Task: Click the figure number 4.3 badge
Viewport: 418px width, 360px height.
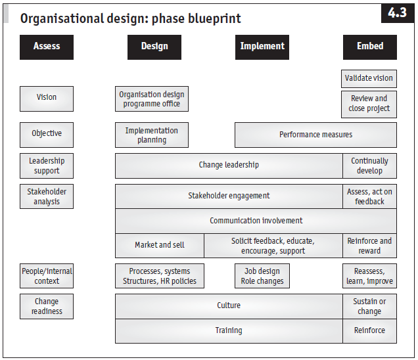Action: [397, 13]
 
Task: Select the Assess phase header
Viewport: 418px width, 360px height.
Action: [46, 47]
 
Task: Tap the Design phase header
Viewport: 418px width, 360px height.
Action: [154, 47]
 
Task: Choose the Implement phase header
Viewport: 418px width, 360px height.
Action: [262, 47]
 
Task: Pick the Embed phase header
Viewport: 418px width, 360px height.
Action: [369, 47]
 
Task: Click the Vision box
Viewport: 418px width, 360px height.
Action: [46, 98]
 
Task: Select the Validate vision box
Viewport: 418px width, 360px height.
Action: [369, 79]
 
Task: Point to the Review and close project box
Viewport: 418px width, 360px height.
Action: [369, 104]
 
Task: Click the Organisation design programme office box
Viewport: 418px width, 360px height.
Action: [151, 99]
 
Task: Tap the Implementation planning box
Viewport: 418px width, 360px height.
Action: [151, 135]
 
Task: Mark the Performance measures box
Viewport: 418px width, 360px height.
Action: [315, 135]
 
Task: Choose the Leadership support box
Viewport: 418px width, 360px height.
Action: [46, 166]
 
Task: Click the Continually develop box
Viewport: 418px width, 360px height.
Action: [369, 166]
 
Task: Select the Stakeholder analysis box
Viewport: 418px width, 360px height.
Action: [46, 196]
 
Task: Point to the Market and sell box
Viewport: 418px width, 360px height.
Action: [160, 245]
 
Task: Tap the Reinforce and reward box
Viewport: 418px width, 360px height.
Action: [369, 246]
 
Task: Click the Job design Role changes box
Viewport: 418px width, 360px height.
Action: [262, 276]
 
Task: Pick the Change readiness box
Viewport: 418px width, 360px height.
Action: [46, 307]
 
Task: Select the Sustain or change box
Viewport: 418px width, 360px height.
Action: [369, 306]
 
